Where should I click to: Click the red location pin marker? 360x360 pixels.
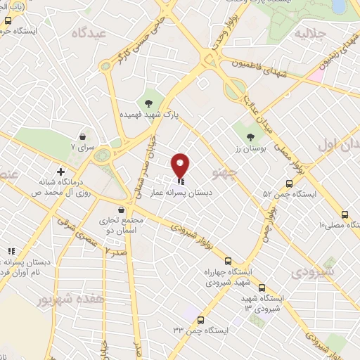click(181, 165)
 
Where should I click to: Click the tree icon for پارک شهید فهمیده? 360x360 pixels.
click(148, 103)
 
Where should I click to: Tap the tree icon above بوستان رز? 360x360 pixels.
click(250, 136)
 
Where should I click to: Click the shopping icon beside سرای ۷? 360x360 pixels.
click(83, 136)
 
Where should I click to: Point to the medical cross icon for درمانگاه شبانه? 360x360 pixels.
click(61, 171)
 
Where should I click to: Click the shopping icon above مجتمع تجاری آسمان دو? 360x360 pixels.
click(122, 210)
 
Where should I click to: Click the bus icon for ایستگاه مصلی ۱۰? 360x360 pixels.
click(345, 215)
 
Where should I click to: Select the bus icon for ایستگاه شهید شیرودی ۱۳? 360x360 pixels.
click(262, 288)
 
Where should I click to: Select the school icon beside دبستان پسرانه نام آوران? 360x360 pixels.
click(11, 251)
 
